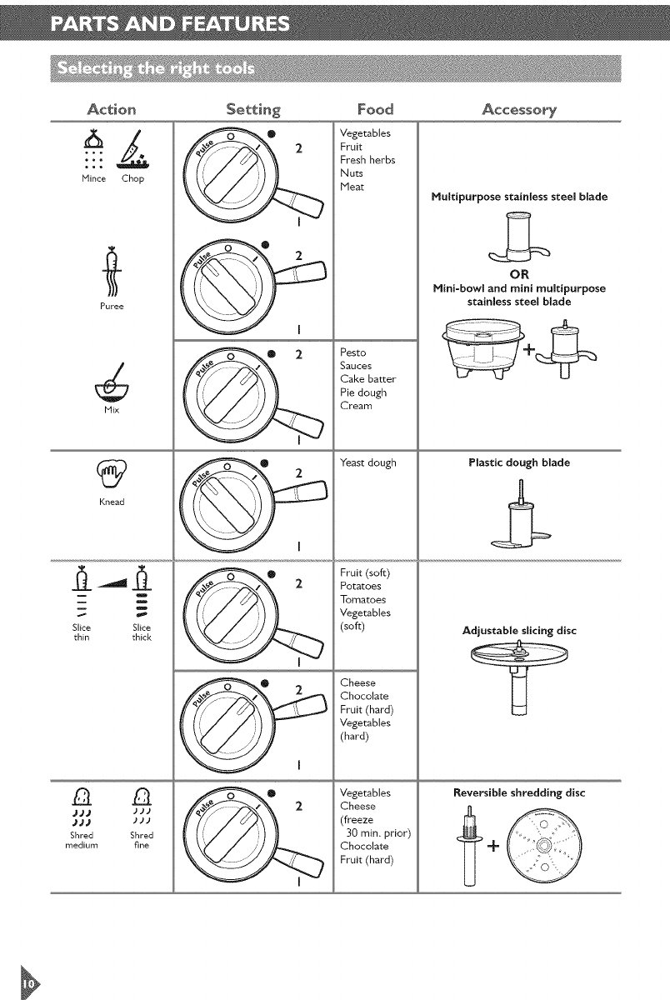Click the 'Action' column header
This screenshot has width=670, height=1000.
pyautogui.click(x=112, y=109)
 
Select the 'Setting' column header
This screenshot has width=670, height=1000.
pyautogui.click(x=252, y=109)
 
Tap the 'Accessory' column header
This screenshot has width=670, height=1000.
pyautogui.click(x=518, y=109)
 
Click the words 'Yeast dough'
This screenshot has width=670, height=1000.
pyautogui.click(x=368, y=462)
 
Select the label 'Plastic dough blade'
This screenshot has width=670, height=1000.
pyautogui.click(x=518, y=462)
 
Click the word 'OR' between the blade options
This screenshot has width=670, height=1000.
pyautogui.click(x=518, y=276)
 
